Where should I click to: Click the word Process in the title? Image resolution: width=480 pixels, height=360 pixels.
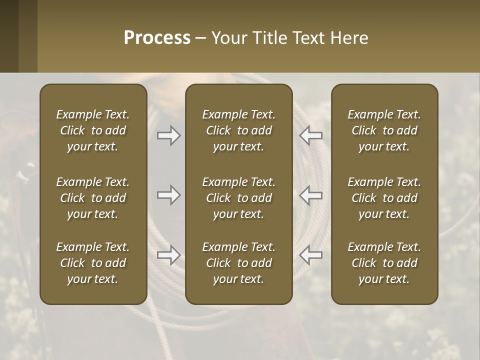(x=157, y=38)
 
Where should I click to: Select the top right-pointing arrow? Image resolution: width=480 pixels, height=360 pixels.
(x=169, y=135)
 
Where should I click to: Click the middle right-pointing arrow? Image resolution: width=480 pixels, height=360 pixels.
(x=169, y=195)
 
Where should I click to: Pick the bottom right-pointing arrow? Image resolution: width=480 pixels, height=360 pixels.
(x=169, y=255)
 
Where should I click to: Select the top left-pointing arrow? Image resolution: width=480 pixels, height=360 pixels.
(x=311, y=135)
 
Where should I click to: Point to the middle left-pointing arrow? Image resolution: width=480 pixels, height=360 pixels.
(x=311, y=195)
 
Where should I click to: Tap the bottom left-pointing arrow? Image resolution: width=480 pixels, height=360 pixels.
(x=311, y=255)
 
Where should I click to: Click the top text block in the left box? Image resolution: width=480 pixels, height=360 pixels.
(x=93, y=130)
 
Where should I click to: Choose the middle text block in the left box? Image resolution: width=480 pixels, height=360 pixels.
(x=93, y=198)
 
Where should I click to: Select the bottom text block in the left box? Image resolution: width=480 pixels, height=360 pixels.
(x=93, y=263)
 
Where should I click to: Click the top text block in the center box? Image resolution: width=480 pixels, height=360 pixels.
(x=239, y=130)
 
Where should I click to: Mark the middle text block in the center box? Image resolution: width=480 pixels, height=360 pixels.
(x=239, y=198)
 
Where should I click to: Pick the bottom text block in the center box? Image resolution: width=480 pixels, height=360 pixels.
(x=239, y=263)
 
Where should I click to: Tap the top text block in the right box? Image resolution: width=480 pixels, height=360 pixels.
(x=384, y=130)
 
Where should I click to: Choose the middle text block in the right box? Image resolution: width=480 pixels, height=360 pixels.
(x=384, y=198)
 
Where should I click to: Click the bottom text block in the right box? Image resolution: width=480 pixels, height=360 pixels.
(x=384, y=263)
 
